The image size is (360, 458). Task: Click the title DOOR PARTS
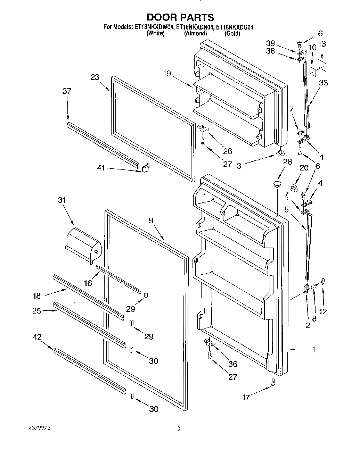pos(180,17)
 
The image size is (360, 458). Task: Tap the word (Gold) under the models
pos(232,34)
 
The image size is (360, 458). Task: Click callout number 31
pos(62,200)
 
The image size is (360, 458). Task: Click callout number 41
pos(100,168)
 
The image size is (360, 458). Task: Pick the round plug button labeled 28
pos(277,183)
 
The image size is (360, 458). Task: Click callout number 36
pos(232,364)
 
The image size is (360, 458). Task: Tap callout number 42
pos(37,336)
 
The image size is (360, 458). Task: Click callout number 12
pos(323,311)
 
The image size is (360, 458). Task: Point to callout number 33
pos(324,83)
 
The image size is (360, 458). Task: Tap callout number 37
pos(67,91)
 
